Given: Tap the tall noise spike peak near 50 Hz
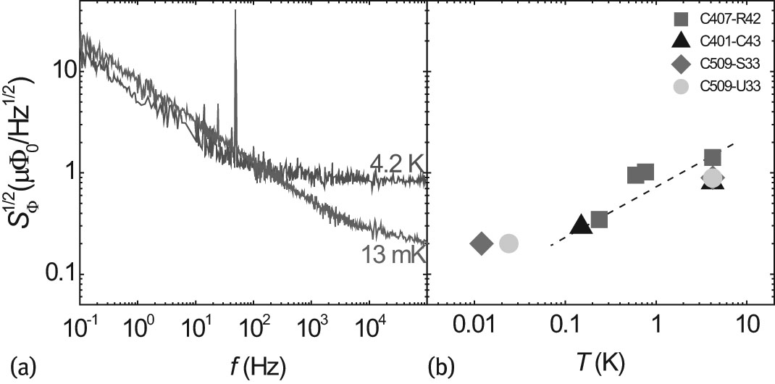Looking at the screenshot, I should [x=235, y=12].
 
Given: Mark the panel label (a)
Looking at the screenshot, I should [x=20, y=364].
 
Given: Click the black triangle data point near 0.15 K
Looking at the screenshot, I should [x=580, y=225].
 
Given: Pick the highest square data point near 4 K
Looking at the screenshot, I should [x=712, y=157].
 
